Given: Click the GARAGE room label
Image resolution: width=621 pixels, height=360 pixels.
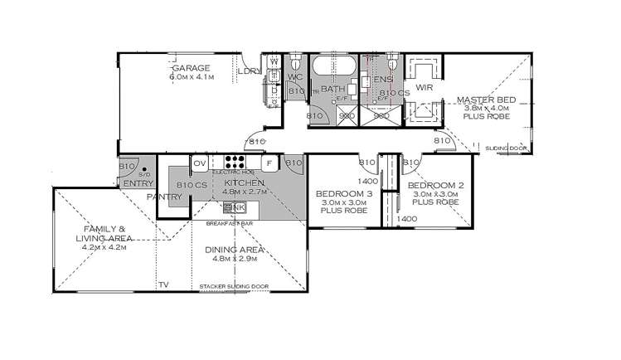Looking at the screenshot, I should tap(191, 67).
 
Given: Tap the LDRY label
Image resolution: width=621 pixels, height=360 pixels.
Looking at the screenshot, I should tap(248, 71).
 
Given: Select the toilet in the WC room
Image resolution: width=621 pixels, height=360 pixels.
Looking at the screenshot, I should tap(295, 62).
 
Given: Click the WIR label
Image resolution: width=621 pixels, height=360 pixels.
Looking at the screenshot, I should tap(423, 86).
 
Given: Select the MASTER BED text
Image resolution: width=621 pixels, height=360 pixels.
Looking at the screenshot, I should tap(486, 100).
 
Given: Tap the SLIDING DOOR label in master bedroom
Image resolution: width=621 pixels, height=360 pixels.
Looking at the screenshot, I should tap(506, 147).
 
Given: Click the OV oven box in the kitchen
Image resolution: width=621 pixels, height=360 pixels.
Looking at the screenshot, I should tap(200, 163).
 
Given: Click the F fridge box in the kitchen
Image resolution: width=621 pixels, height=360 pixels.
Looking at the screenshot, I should tap(270, 163).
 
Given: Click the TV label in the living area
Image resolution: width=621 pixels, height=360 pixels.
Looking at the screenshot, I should tap(163, 285).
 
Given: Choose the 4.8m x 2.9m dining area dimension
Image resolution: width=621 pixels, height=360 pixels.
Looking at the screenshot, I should tap(234, 259).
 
